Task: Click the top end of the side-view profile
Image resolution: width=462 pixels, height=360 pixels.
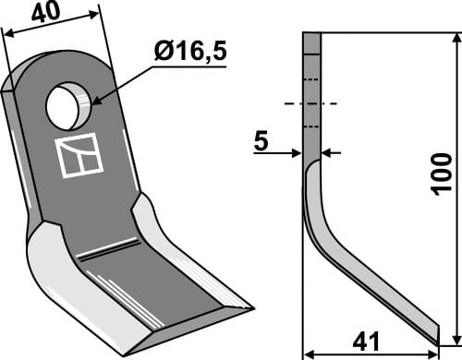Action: (x=311, y=34)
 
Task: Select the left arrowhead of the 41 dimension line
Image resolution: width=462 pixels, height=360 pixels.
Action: (x=309, y=352)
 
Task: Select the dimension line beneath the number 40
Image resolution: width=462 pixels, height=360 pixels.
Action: (x=51, y=24)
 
